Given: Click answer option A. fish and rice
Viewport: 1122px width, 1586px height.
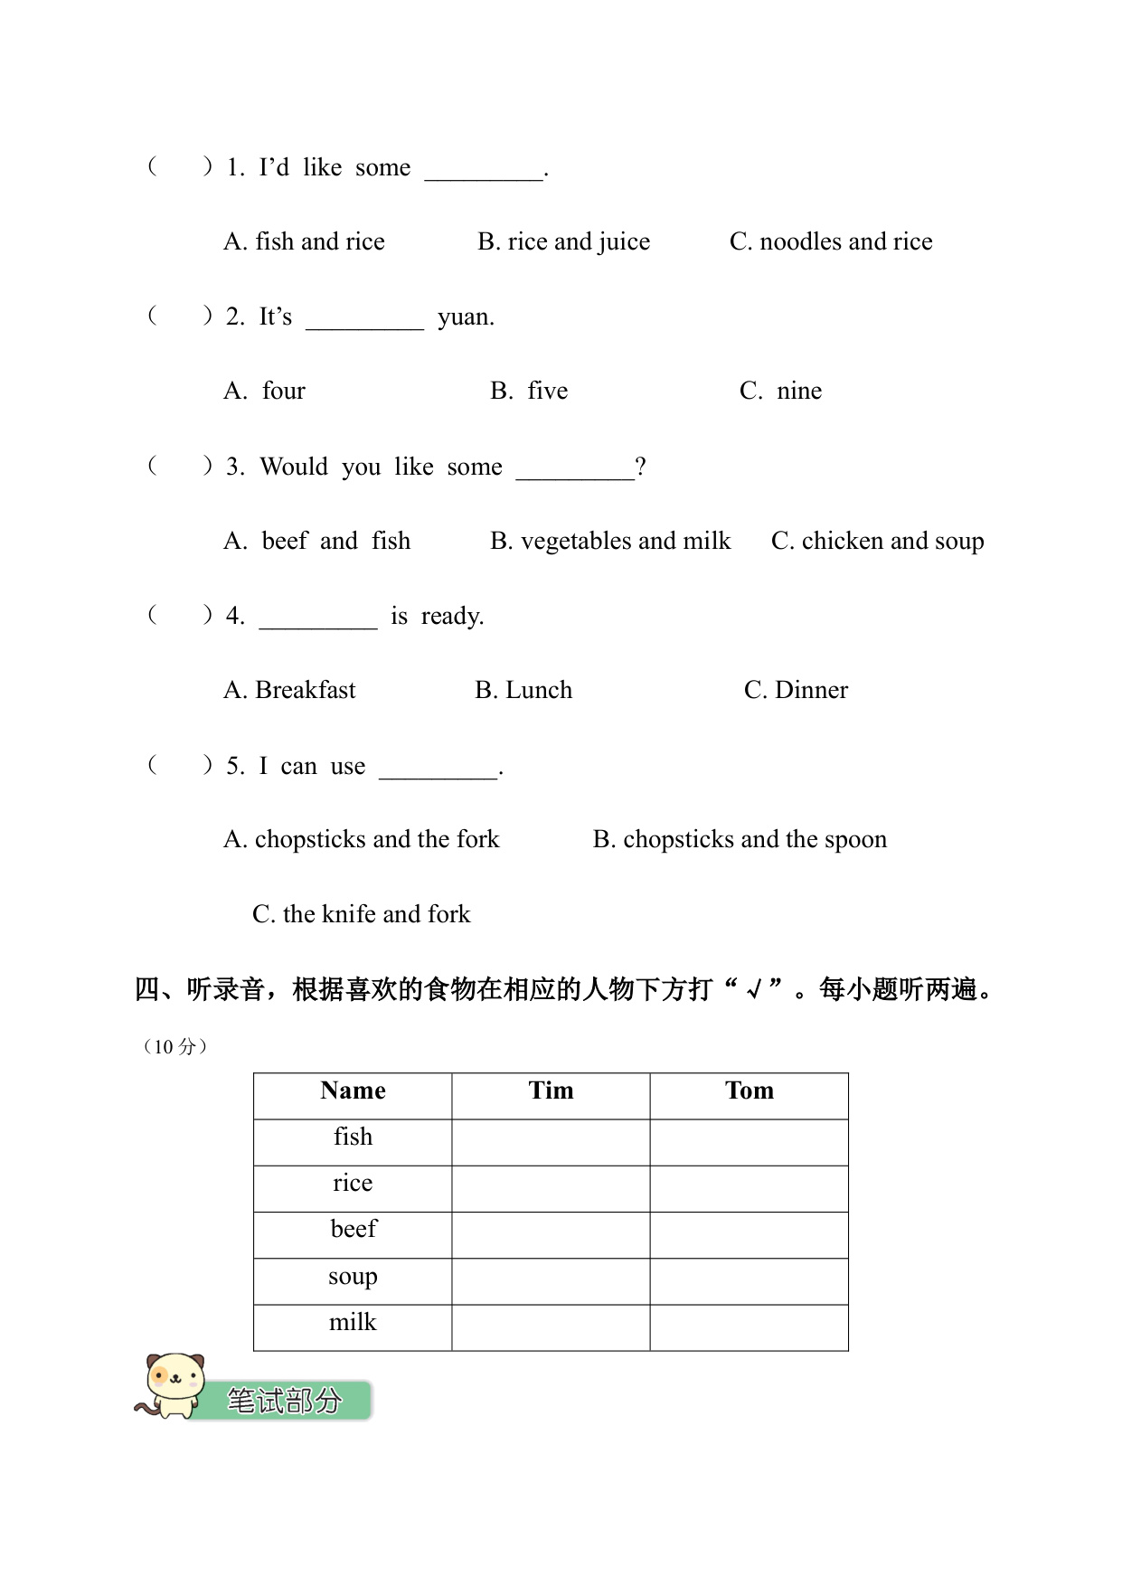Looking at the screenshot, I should pos(304,241).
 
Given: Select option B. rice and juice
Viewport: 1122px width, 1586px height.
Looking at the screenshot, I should pos(563,241).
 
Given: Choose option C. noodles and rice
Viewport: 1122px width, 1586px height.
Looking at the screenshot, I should pos(831,241).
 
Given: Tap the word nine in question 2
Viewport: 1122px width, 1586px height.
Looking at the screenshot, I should pos(799,391).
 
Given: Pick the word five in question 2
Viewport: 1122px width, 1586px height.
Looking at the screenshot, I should pos(547,391).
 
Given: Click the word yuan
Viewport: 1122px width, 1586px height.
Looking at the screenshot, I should pos(466,317).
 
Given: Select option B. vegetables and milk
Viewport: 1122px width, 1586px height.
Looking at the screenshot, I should pos(610,541).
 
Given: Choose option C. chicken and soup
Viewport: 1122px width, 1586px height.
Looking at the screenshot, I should pos(877,541).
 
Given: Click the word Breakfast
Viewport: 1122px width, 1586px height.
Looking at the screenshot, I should pos(306,690).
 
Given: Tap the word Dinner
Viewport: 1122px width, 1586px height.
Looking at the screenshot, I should pos(811,690).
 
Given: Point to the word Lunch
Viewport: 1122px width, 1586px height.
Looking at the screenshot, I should pos(538,690).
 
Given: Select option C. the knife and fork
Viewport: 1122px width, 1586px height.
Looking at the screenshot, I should pos(362,914).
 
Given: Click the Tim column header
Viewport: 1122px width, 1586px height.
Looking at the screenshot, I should pos(551,1090).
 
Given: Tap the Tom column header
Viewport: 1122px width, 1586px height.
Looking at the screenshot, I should pos(750,1090).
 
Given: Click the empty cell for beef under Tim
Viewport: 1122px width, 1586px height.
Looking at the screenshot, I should pos(551,1235).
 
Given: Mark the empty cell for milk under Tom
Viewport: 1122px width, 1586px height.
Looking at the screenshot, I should pos(750,1327).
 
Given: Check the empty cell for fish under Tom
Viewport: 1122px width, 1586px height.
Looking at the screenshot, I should pos(750,1142).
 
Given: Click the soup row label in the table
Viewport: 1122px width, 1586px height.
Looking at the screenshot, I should pos(353,1277).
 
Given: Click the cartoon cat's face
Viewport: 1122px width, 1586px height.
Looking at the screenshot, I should pos(175,1381).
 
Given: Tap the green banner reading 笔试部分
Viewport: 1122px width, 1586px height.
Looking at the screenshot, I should pos(284,1401).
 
